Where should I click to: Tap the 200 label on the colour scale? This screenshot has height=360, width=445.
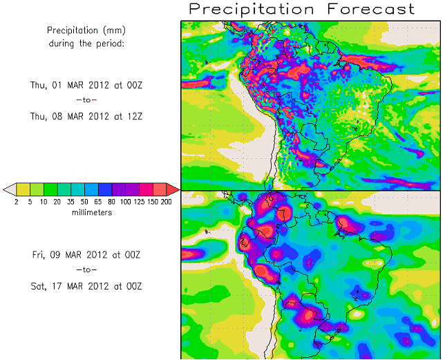167,202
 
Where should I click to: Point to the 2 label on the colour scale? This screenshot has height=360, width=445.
16,202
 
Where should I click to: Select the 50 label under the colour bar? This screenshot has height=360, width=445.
85,202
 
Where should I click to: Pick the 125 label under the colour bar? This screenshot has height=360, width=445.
140,202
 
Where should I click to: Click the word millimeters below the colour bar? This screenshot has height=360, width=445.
92,213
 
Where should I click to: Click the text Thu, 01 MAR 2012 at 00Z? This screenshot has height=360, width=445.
86,85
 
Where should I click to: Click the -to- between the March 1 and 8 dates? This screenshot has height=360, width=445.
86,101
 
